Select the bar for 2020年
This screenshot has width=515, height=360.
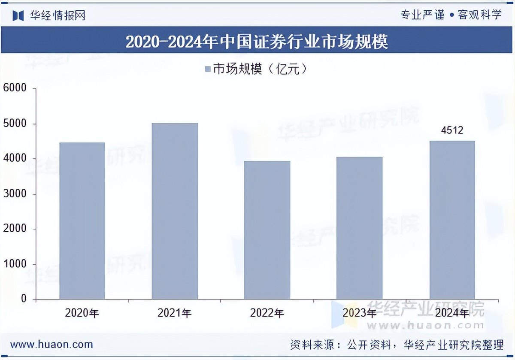(82, 221)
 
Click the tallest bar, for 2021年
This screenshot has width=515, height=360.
(175, 211)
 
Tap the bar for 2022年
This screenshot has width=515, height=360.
(267, 230)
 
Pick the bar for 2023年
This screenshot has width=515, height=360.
(359, 228)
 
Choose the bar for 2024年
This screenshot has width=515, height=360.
(452, 220)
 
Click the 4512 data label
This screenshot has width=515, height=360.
(452, 130)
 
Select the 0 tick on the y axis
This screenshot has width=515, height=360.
(24, 299)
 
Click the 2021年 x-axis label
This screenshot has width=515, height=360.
(175, 313)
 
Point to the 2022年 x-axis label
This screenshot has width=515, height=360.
(267, 313)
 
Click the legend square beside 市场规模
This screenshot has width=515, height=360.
(207, 70)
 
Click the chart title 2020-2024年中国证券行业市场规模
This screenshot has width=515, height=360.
(257, 42)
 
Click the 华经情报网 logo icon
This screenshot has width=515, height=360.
(18, 15)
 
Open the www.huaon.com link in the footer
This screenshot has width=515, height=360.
(52, 344)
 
